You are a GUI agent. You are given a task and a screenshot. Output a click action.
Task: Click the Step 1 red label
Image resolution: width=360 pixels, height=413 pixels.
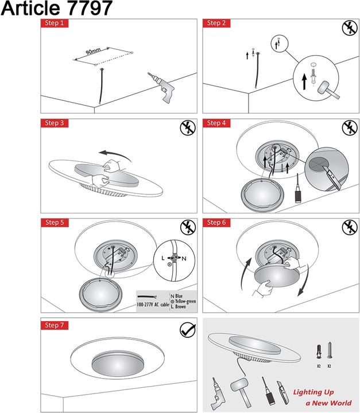(x=55, y=23)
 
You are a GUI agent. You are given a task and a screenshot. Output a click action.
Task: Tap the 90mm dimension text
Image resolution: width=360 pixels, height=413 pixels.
(x=93, y=51)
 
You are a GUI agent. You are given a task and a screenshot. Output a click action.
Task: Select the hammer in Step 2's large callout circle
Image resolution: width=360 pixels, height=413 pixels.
(x=328, y=91)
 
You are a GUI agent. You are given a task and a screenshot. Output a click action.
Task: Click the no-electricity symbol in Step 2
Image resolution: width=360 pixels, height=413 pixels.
(x=350, y=28)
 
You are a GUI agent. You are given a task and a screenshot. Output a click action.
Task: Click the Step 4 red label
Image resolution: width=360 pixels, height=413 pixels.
(x=216, y=123)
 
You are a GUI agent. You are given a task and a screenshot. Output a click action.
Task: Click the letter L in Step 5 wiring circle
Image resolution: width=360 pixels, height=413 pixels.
(x=163, y=258)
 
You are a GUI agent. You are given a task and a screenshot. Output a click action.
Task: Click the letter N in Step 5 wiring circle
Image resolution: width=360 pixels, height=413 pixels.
(x=184, y=259)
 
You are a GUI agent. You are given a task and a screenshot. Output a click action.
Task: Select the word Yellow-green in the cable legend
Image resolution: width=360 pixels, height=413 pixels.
(x=185, y=301)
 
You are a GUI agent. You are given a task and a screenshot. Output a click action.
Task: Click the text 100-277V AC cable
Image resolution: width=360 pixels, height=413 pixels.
(x=153, y=305)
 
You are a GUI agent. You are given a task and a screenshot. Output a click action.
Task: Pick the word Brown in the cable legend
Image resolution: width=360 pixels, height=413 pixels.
(x=180, y=306)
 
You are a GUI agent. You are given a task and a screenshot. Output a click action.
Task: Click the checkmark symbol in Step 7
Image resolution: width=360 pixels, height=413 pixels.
(x=188, y=329)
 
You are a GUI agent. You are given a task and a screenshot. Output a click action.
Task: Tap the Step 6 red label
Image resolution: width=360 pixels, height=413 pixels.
(x=216, y=223)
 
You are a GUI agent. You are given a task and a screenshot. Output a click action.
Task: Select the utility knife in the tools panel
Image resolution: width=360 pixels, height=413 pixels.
(x=282, y=392)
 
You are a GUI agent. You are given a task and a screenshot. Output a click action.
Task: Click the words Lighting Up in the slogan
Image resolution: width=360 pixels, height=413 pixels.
(x=313, y=392)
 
